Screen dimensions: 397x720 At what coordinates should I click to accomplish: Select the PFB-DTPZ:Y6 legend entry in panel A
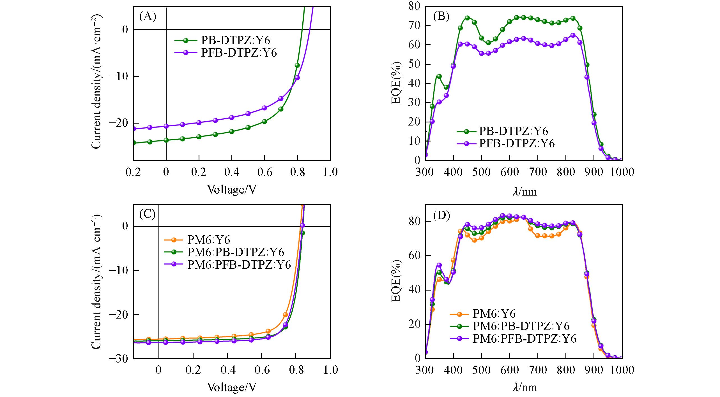click(239, 53)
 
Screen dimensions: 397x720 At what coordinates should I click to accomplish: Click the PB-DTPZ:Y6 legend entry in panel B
click(513, 131)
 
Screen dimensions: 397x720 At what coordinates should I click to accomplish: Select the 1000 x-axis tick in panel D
click(622, 370)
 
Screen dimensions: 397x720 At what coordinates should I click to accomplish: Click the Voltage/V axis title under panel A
click(232, 190)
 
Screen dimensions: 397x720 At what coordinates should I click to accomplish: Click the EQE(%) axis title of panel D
click(396, 281)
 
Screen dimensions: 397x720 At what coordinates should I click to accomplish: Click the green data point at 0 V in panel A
click(166, 140)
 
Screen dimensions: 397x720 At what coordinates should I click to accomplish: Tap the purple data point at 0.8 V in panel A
click(297, 78)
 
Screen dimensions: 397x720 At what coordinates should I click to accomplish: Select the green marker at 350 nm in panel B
click(439, 76)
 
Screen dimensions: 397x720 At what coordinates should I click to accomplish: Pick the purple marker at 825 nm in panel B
click(573, 36)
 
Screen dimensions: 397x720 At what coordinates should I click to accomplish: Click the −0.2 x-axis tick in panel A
click(130, 172)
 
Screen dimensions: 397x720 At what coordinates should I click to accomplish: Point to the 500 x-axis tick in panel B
click(481, 172)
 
